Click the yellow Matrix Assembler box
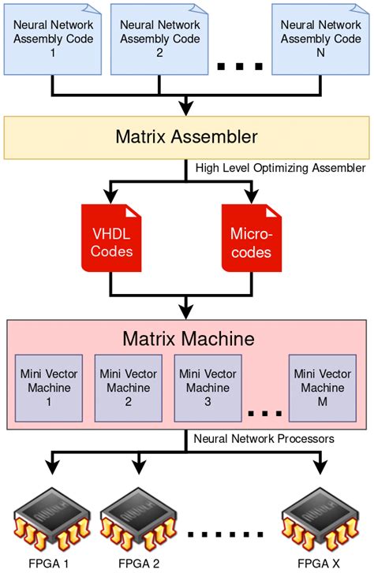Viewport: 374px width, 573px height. pos(186,136)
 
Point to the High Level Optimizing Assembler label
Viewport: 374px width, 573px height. pos(279,167)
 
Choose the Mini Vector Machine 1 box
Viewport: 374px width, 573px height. pos(49,388)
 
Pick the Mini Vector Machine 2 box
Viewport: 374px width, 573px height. pos(128,388)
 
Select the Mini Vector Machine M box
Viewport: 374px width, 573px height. pos(321,388)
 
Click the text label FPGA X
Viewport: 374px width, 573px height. pos(319,564)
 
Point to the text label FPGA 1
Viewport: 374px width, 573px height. pos(50,564)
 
